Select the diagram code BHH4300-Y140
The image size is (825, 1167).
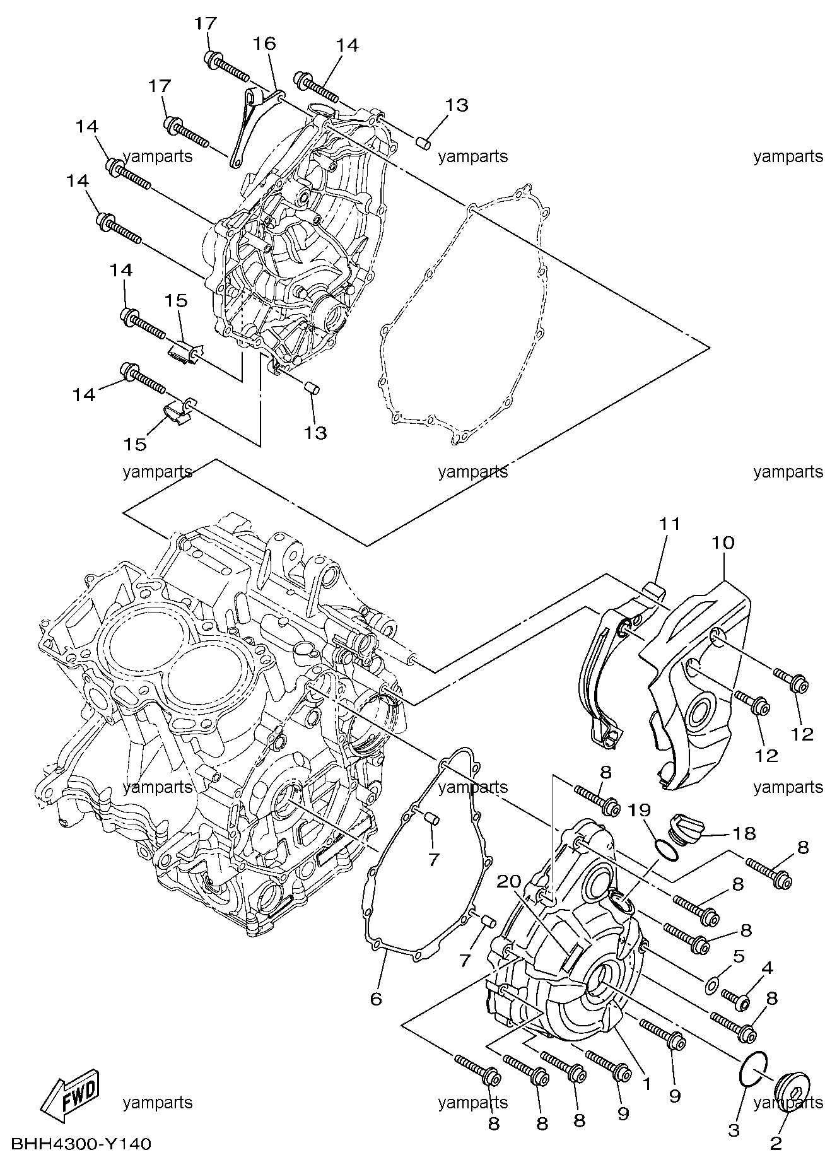81,1144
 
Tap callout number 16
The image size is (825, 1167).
265,44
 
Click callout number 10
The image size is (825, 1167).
723,542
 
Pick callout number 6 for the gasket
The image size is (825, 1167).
376,999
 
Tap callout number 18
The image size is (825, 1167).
744,833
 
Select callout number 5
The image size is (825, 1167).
739,956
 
